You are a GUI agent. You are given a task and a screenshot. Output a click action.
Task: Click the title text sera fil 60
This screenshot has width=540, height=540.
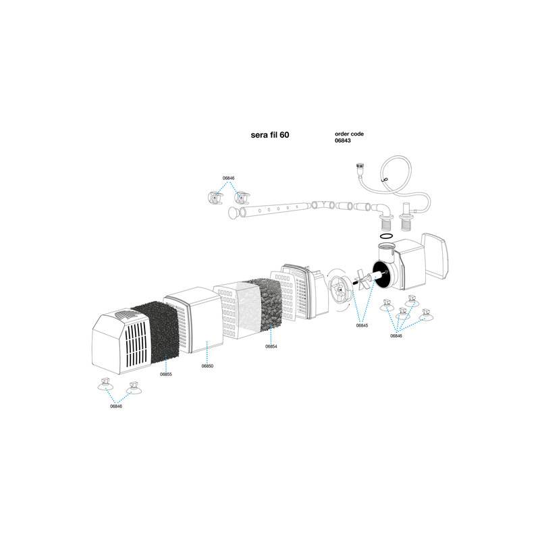click(x=269, y=135)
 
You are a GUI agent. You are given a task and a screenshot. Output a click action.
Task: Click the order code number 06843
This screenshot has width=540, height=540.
click(x=343, y=140)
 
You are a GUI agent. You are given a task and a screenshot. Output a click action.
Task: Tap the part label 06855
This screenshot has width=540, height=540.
click(x=165, y=375)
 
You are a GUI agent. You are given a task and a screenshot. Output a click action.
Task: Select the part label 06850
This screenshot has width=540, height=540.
click(x=207, y=366)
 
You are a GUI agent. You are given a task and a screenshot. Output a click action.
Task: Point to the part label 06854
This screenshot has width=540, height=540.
click(x=271, y=346)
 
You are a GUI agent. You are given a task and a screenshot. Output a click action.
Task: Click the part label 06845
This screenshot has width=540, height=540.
click(x=362, y=325)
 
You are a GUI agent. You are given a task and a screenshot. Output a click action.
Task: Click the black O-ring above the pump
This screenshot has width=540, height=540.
click(x=386, y=236)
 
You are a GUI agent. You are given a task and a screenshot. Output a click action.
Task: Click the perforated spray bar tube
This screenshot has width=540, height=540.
click(x=275, y=209)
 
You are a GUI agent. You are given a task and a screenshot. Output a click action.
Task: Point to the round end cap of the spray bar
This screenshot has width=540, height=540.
click(x=234, y=213)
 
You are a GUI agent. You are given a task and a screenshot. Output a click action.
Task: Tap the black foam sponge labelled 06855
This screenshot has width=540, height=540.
click(x=155, y=332)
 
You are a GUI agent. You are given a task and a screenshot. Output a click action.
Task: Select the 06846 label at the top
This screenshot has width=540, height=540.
click(x=228, y=178)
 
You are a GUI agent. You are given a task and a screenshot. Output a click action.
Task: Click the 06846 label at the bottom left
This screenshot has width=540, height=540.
click(x=116, y=406)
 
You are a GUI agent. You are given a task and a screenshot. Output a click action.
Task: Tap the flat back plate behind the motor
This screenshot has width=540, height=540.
click(x=435, y=256)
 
